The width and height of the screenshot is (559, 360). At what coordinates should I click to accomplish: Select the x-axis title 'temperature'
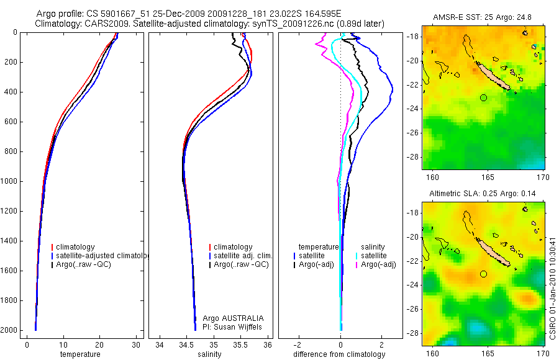(80, 354)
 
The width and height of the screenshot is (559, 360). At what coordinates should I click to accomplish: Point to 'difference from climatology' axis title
(340, 354)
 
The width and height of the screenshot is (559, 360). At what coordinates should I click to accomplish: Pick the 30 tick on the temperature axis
(135, 344)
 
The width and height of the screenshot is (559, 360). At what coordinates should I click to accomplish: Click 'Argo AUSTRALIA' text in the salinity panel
(229, 318)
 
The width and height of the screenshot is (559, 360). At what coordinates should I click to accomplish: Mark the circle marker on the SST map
(483, 97)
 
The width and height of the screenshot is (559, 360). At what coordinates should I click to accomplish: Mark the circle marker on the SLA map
(483, 274)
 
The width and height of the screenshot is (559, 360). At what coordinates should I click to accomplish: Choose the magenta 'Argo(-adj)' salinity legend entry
(378, 265)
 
